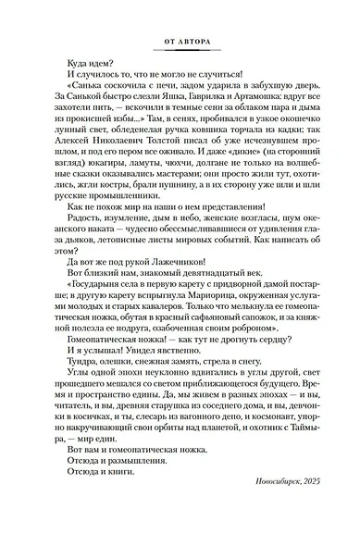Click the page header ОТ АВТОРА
click(x=181, y=42)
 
